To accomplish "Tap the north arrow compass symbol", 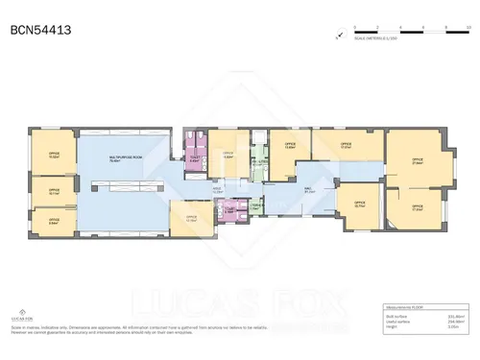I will [338, 37].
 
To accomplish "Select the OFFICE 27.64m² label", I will [417, 160].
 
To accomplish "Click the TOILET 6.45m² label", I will [196, 161].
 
